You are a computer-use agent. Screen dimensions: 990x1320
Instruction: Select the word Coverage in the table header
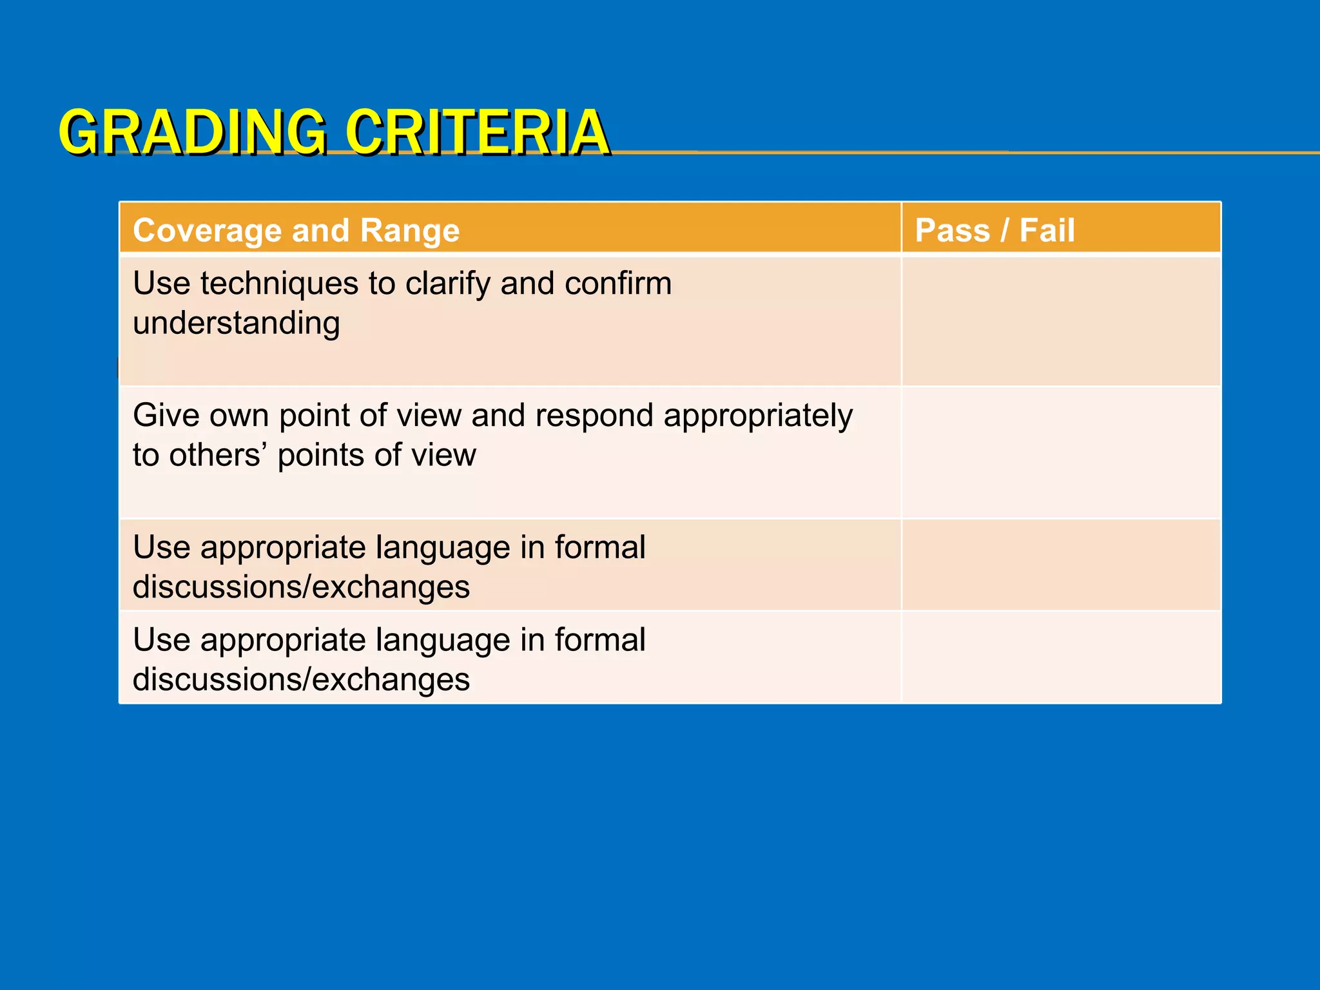(208, 231)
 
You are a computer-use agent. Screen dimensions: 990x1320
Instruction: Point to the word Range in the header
(409, 231)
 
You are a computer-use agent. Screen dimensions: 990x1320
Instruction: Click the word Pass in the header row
(952, 231)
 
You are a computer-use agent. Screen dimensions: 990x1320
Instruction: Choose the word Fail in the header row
(1047, 231)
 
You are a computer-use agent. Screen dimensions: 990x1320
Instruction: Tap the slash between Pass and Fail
(1004, 231)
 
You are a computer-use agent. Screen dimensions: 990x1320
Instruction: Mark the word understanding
(236, 324)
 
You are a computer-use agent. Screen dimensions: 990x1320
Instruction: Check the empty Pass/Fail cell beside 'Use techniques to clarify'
(1061, 321)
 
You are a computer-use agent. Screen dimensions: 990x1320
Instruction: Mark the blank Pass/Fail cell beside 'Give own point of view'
(1061, 452)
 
